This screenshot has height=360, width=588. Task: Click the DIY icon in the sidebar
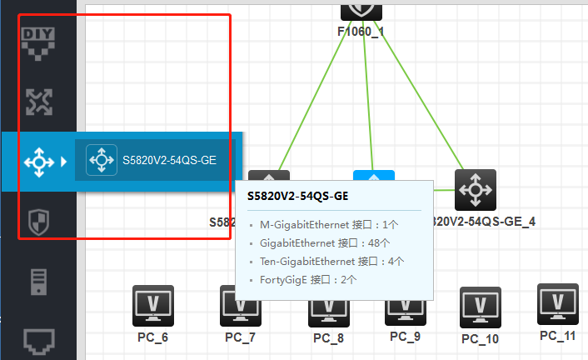tap(37, 42)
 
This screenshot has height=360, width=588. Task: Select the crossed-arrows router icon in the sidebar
tap(38, 101)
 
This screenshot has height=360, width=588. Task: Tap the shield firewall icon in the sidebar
tap(38, 222)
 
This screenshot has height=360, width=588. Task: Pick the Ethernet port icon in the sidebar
tap(38, 339)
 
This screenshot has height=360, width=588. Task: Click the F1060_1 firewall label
tap(361, 31)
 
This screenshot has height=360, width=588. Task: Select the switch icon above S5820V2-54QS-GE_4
tap(476, 190)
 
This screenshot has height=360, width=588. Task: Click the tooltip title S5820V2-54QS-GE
tap(297, 196)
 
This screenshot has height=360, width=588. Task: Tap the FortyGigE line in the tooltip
tap(308, 280)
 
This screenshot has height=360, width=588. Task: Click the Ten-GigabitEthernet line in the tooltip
tap(331, 262)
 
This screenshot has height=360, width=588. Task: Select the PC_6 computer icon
tap(153, 306)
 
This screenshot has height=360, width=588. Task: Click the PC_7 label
tap(240, 337)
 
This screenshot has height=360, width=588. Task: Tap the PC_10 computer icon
tap(481, 308)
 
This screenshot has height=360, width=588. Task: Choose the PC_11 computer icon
tap(557, 304)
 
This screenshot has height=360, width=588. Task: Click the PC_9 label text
tap(405, 337)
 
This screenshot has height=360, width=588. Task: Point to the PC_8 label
tap(328, 338)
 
